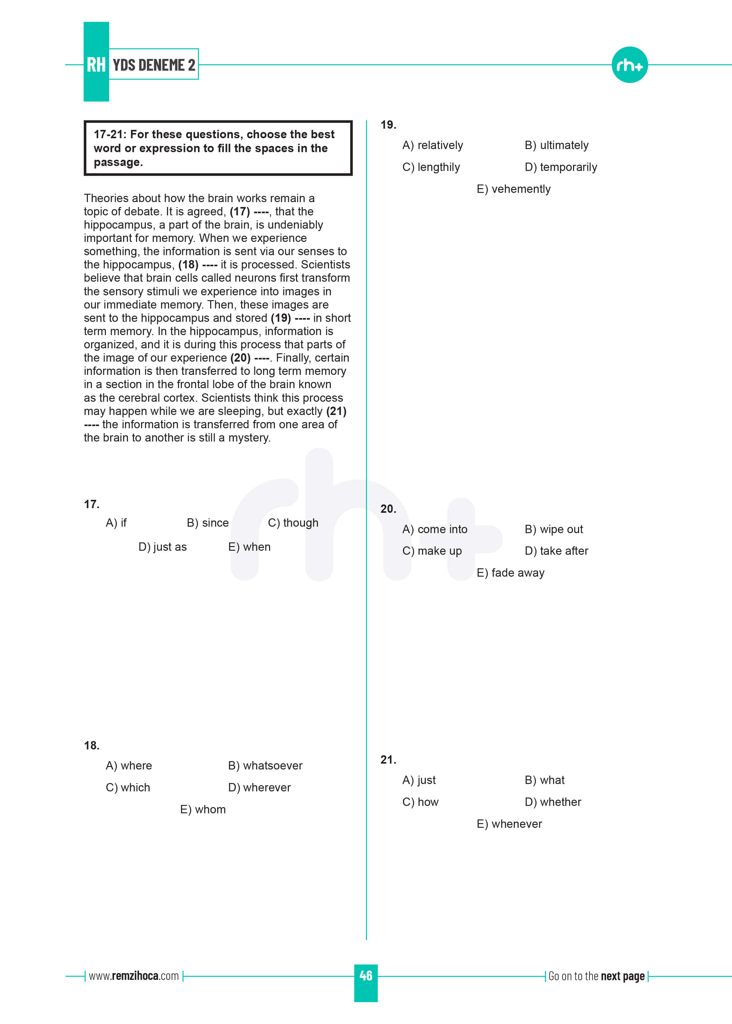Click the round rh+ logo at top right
click(x=629, y=65)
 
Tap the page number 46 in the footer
click(x=366, y=976)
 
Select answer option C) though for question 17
click(x=293, y=523)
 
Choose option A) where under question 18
click(x=129, y=766)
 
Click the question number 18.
click(x=92, y=746)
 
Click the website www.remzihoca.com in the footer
click(x=134, y=976)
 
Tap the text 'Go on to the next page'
click(x=596, y=976)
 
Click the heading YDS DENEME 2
click(x=154, y=65)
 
